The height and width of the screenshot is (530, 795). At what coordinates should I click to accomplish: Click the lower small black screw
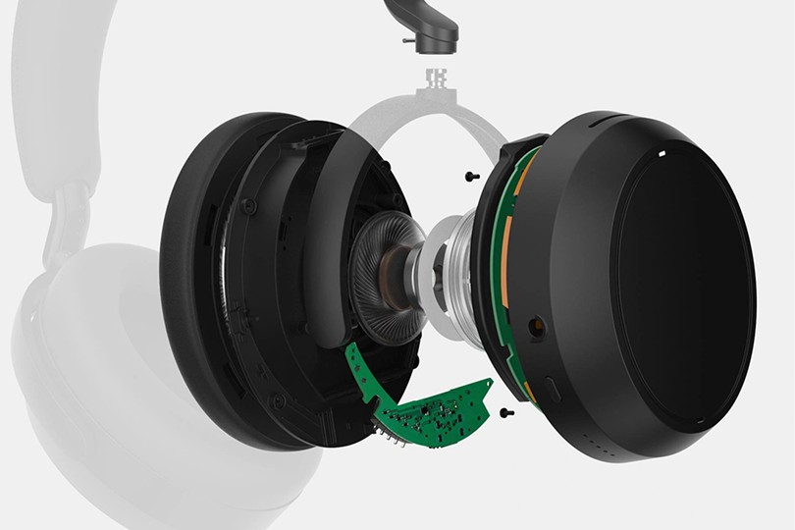click(504, 412)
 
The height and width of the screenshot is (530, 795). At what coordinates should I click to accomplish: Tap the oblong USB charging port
click(553, 389)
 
